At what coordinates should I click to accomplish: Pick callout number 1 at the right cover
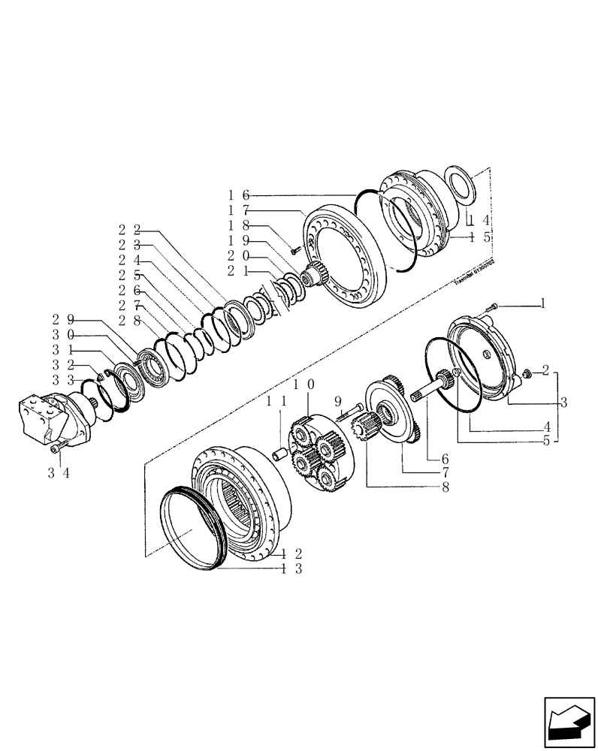540,303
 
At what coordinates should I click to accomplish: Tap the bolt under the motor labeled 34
56,450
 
